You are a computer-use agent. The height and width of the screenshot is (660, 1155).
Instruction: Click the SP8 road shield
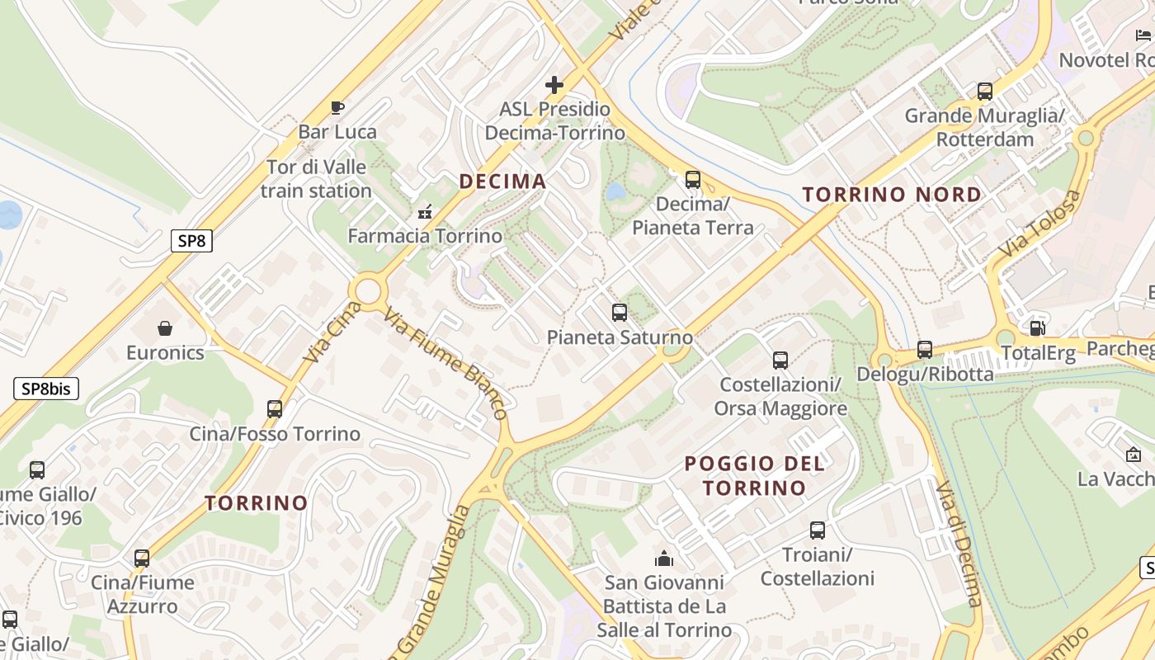click(191, 241)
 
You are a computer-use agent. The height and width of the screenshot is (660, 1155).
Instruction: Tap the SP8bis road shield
click(46, 389)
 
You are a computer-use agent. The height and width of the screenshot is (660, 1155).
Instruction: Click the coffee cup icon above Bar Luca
click(337, 107)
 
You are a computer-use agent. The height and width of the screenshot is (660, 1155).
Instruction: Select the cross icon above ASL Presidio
click(554, 84)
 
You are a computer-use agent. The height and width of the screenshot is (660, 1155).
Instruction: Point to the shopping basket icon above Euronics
click(165, 328)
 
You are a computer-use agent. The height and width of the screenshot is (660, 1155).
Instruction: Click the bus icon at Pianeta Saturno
click(620, 313)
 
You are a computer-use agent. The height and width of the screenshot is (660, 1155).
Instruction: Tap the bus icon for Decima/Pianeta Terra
click(693, 179)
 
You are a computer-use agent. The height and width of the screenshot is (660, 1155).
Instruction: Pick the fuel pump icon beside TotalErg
click(1037, 328)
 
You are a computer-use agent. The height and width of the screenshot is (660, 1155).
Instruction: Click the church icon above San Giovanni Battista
click(664, 559)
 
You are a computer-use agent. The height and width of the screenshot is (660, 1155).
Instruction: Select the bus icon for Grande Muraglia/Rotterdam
click(984, 91)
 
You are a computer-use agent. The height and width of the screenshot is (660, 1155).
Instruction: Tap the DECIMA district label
click(502, 181)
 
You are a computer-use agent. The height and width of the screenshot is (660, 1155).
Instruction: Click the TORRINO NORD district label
click(892, 195)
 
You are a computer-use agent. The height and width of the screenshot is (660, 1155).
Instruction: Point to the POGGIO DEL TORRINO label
click(754, 475)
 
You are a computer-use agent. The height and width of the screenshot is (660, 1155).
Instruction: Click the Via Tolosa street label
click(1039, 223)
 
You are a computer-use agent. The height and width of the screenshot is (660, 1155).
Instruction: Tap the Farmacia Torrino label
click(425, 236)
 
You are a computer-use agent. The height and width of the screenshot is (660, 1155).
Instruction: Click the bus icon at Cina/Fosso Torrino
click(275, 408)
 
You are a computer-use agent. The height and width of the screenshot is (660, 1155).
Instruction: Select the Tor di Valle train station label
click(316, 179)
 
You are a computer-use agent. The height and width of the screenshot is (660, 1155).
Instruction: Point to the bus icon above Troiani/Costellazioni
click(817, 530)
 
